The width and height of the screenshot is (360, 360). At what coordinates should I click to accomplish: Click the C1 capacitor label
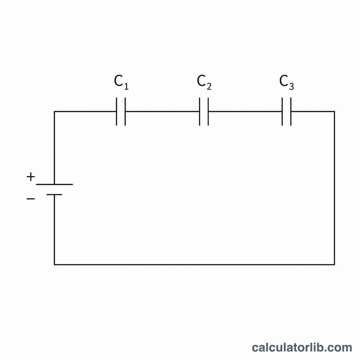(x=121, y=82)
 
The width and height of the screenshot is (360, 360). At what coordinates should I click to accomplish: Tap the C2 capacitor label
(x=204, y=82)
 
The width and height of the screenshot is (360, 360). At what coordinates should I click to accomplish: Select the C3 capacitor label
(x=287, y=82)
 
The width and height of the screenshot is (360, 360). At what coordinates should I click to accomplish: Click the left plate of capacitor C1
(x=117, y=112)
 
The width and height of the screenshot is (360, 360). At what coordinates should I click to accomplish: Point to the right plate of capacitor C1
(x=125, y=112)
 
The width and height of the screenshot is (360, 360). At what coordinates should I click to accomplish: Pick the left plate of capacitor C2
(x=199, y=112)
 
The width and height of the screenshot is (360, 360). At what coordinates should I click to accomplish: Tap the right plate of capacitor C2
(x=208, y=112)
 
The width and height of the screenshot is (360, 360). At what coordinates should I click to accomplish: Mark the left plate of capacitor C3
(x=282, y=112)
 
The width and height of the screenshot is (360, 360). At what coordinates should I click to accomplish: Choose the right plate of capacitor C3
(x=291, y=112)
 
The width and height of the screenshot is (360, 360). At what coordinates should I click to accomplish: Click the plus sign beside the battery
(x=31, y=177)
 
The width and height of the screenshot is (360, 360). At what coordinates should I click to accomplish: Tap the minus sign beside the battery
(x=31, y=198)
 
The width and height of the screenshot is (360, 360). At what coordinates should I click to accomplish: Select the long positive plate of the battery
(x=54, y=184)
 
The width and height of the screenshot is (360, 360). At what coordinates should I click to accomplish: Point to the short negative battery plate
(x=54, y=195)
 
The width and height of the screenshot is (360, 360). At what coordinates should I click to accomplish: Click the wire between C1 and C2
(x=162, y=112)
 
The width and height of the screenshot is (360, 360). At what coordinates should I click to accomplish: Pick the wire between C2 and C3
(x=245, y=112)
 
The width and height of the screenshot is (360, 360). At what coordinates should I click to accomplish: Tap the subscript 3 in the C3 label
(x=291, y=86)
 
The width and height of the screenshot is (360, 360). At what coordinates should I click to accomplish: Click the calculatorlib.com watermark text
(x=302, y=347)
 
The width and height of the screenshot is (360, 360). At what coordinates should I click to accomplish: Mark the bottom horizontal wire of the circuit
(x=194, y=265)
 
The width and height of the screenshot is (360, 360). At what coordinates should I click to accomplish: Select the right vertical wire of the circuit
(x=334, y=188)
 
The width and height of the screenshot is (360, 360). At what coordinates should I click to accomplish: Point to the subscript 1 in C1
(x=126, y=86)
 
